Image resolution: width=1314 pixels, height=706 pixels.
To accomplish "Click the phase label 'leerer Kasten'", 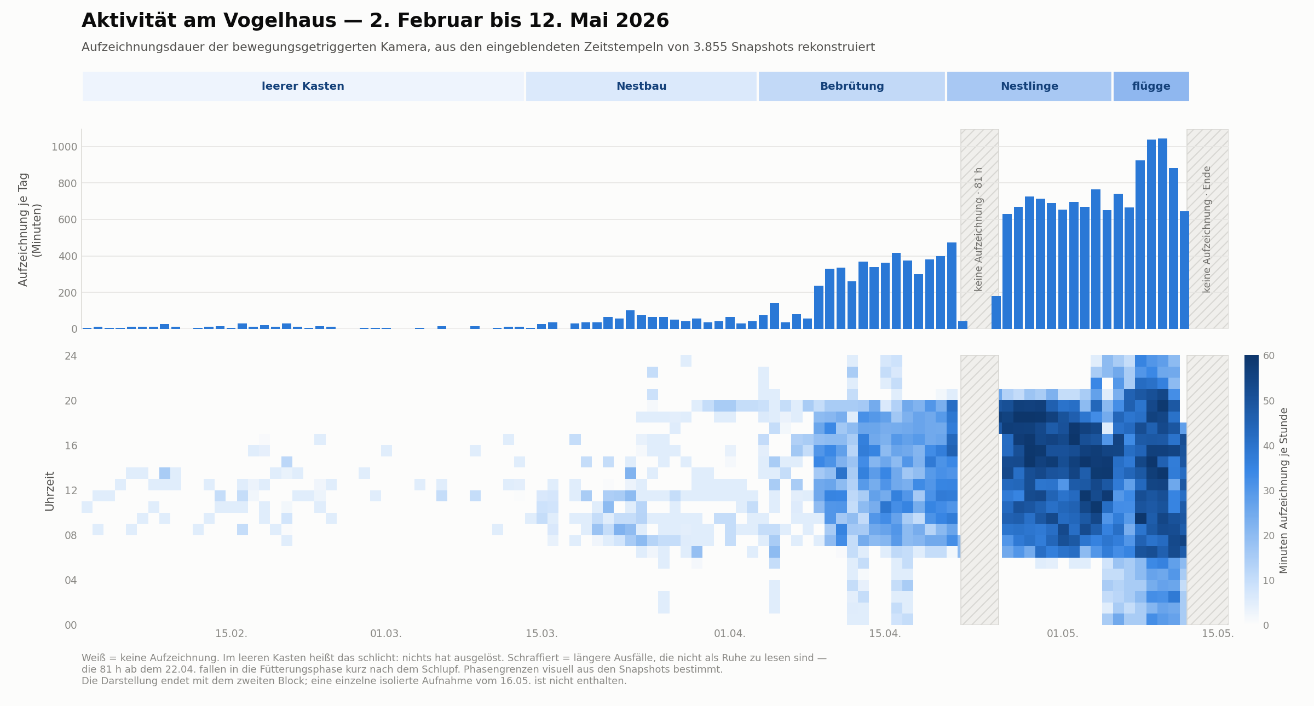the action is point(303,86).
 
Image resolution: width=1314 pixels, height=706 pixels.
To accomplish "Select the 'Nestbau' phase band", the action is point(641,86).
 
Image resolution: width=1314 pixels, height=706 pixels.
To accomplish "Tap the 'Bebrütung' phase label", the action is point(852,86).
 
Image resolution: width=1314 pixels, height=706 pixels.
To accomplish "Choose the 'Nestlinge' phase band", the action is point(1029,86).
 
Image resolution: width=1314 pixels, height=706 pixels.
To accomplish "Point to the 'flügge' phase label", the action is point(1151,86).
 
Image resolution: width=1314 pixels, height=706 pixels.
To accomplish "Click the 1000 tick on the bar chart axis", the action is point(64,147).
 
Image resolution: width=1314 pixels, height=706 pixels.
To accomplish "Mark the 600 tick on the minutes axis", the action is point(67,219).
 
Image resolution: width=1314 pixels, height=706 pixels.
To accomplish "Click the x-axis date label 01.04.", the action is point(730,634).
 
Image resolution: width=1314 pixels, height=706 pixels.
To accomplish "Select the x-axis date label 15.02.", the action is point(231,634).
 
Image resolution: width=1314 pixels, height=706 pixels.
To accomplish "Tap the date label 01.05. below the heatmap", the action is point(1063,634).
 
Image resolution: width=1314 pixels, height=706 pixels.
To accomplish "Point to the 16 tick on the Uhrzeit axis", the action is point(71,445).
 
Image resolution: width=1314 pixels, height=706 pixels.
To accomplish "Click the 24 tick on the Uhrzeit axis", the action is point(71,356).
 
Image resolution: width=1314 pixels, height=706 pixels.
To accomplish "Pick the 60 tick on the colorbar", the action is point(1269,356).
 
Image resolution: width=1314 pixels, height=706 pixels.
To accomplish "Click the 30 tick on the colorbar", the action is point(1269,490).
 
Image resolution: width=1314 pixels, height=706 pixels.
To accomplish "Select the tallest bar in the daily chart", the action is point(1162,234).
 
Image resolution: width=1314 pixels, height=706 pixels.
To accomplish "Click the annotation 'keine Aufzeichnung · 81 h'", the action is point(979,229).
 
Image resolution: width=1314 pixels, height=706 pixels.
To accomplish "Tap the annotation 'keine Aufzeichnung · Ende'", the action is point(1207,229).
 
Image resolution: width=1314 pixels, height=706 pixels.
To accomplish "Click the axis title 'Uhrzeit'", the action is point(50,491).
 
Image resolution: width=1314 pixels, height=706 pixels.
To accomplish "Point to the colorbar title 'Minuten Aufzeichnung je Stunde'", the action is point(1284,490).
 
